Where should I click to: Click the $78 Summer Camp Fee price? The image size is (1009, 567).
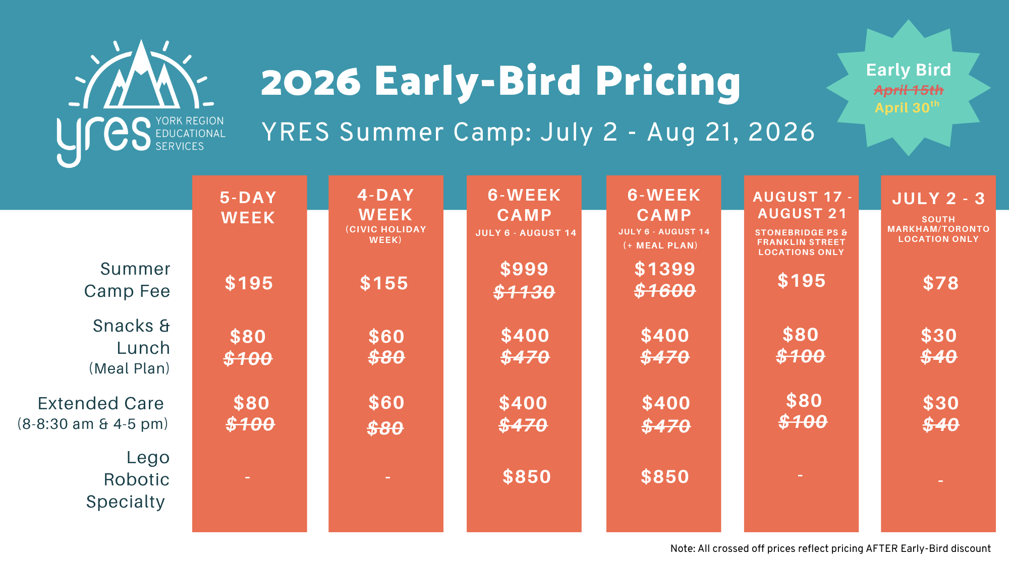click(940, 283)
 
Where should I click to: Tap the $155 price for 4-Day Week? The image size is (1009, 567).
click(384, 283)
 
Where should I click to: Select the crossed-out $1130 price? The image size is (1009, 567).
click(524, 292)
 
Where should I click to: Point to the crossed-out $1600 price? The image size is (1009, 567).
click(665, 290)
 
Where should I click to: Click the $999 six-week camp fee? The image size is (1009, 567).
click(524, 269)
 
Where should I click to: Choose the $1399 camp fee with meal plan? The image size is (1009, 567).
click(665, 269)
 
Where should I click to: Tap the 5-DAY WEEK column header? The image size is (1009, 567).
click(248, 208)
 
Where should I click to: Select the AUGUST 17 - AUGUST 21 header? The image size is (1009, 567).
click(802, 205)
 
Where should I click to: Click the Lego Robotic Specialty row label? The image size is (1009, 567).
click(128, 479)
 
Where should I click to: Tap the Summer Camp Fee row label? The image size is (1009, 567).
click(127, 280)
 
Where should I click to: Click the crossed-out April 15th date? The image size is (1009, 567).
click(909, 90)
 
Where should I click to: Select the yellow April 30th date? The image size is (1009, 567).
click(907, 107)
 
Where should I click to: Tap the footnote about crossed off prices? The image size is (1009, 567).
click(830, 548)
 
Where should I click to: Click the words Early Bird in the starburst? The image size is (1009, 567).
click(909, 70)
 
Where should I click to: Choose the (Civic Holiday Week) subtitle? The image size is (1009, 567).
click(386, 234)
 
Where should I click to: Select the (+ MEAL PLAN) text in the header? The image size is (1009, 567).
click(660, 245)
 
